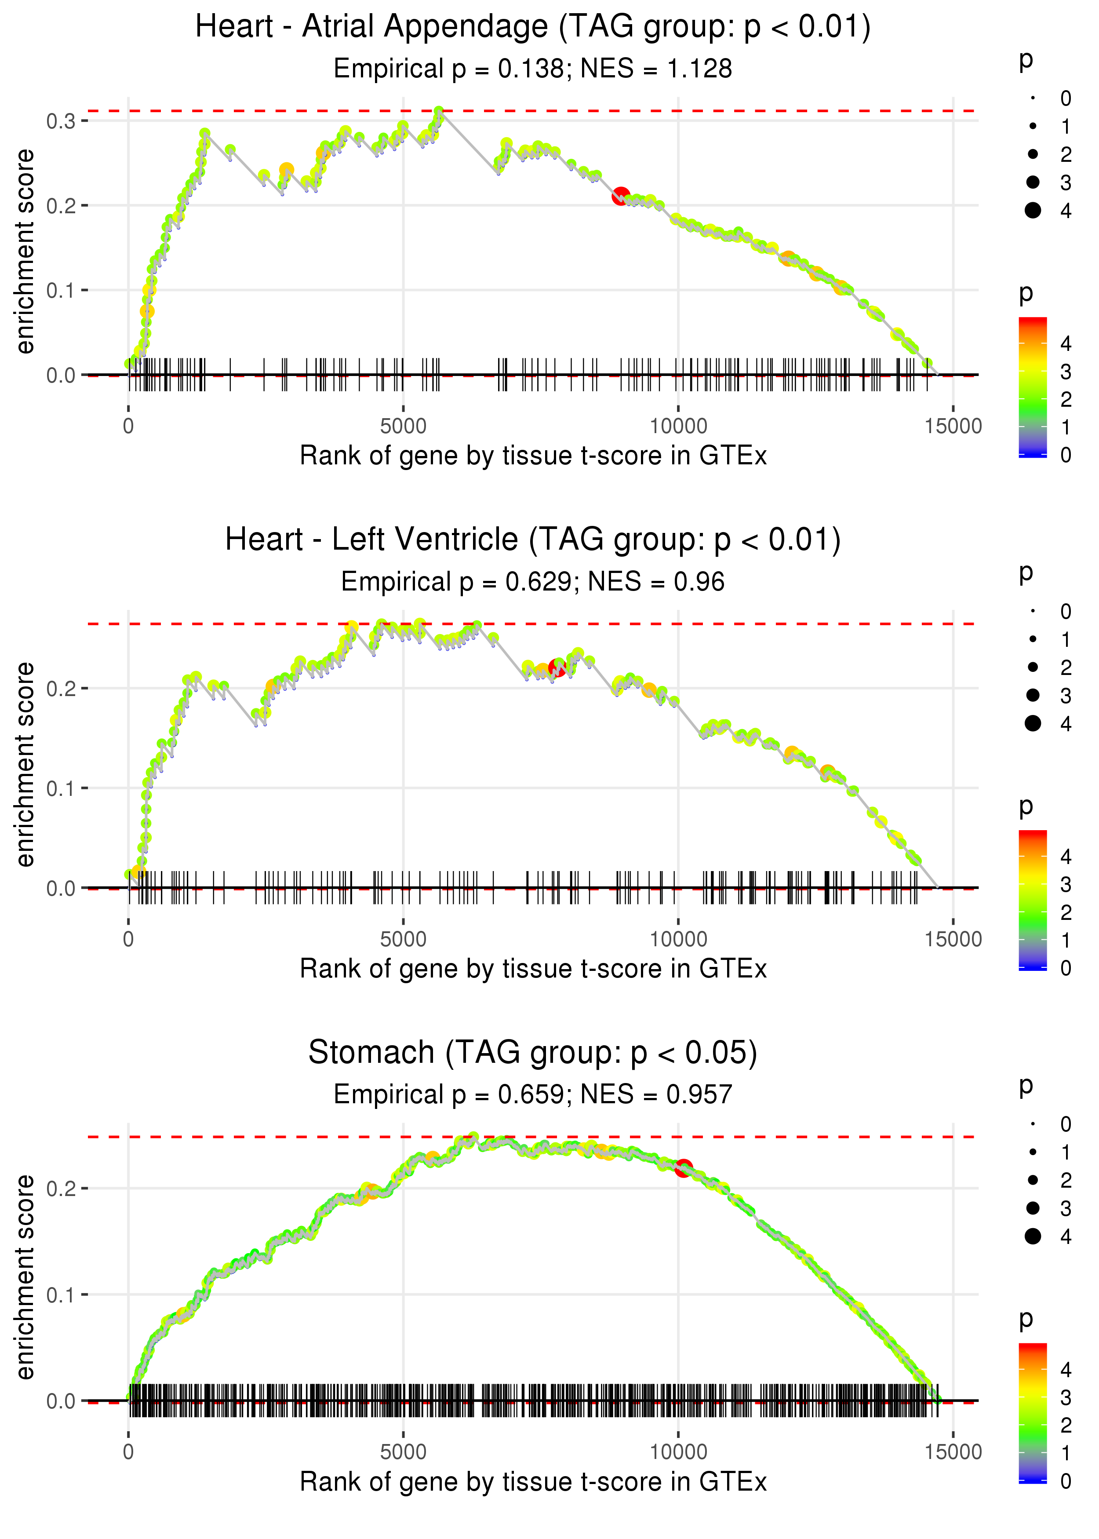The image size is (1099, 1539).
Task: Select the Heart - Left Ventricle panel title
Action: pos(533,540)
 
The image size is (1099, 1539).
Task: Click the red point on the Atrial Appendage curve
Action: pos(621,196)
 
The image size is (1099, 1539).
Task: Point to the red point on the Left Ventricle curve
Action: pos(557,668)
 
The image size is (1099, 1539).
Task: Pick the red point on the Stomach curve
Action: pos(684,1167)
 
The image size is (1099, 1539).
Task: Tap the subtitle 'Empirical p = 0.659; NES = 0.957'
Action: pos(533,1095)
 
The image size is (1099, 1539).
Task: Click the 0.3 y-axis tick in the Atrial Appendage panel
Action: pos(60,121)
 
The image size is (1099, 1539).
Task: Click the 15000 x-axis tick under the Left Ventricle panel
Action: pos(953,939)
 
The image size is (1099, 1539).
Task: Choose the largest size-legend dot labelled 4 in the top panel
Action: pos(1033,211)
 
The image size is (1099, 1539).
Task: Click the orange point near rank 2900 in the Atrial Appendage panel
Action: pos(286,170)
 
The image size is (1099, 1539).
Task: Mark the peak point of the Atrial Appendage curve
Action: pos(439,111)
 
